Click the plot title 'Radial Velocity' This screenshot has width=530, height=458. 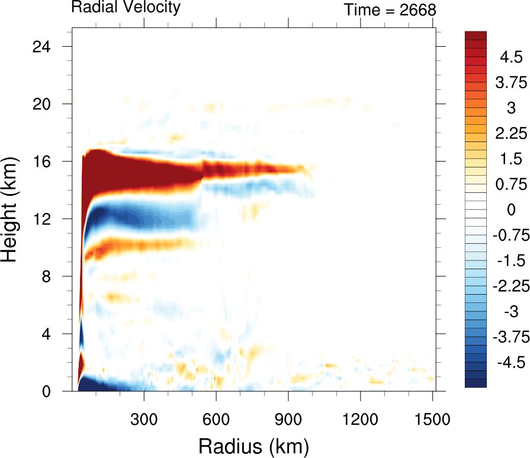pyautogui.click(x=126, y=8)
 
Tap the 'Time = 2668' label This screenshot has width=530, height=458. pyautogui.click(x=390, y=9)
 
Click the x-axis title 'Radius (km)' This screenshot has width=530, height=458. pyautogui.click(x=253, y=444)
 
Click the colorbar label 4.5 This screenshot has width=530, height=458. pyautogui.click(x=510, y=57)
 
